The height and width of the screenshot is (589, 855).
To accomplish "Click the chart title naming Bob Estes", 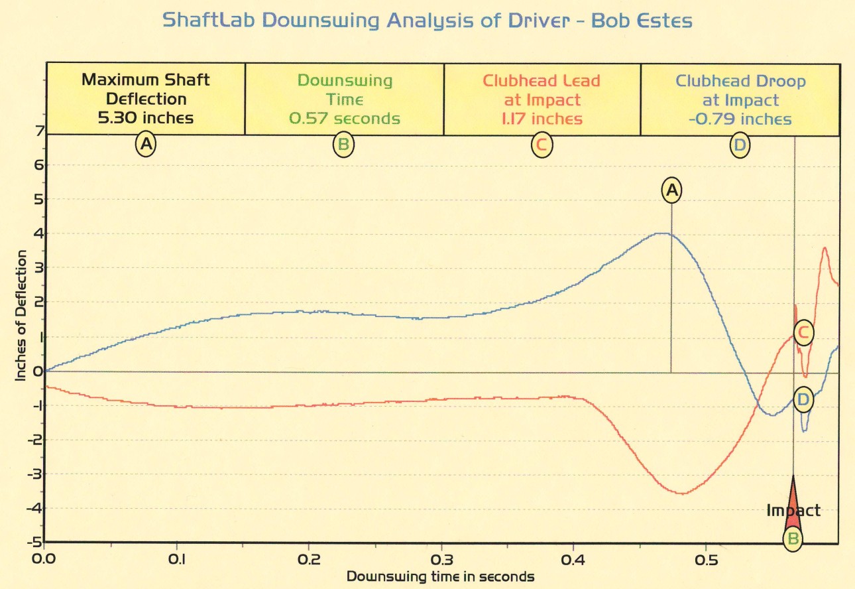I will coord(427,21).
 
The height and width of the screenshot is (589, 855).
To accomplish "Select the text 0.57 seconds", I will coord(345,119).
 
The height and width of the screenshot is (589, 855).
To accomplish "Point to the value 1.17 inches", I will coord(542,119).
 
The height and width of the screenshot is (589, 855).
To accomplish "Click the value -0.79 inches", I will coord(740,119).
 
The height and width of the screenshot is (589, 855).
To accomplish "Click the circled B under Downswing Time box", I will coord(344,145).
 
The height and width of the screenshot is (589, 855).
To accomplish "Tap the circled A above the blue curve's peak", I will coord(672,190).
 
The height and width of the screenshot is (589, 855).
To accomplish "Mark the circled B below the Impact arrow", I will coord(793,539).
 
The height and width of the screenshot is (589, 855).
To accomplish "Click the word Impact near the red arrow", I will coord(793,511).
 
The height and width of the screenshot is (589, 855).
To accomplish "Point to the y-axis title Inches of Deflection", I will coord(21,315).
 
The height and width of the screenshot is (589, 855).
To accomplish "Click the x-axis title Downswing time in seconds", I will coord(440,576).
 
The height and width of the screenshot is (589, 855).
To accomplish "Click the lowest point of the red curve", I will coord(683,493).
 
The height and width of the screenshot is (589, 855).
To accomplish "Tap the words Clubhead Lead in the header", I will coord(541,81).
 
